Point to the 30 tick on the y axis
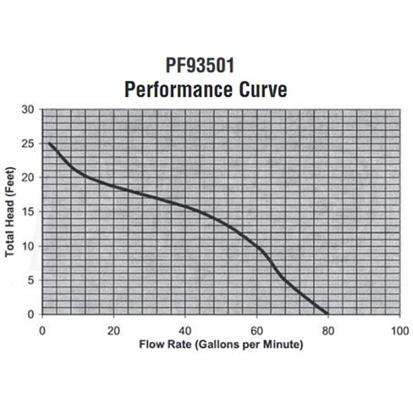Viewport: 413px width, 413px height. (28, 109)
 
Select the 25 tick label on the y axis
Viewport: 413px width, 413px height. (28, 143)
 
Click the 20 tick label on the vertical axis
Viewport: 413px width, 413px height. (28, 178)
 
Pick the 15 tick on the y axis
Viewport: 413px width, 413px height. (28, 212)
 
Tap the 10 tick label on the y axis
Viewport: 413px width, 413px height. (28, 246)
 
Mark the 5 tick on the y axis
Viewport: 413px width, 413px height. (31, 280)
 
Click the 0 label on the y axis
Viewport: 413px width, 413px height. (31, 315)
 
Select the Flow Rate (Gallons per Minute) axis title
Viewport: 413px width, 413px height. (221, 343)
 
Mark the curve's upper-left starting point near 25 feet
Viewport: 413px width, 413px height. (50, 143)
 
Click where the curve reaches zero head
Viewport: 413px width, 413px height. (327, 314)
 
